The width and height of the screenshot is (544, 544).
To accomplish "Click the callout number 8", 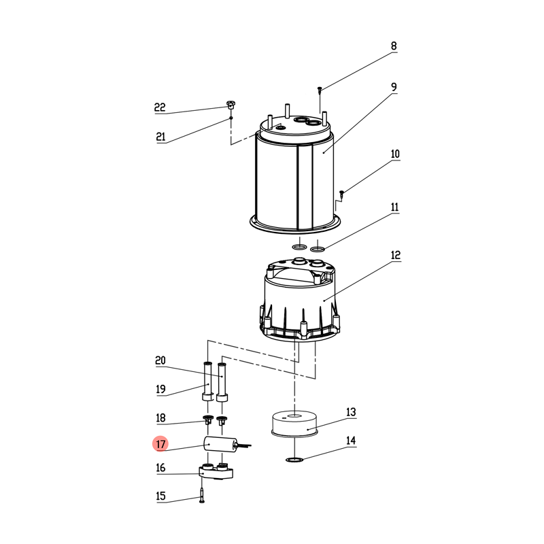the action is (394, 46).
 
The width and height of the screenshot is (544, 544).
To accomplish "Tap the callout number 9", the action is (394, 87).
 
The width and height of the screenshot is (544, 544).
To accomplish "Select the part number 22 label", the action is (160, 107).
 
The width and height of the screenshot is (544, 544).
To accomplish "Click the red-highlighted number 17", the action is (160, 444).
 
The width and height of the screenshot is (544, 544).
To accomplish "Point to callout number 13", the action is (351, 412).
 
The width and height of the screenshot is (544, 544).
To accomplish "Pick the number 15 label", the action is (160, 496).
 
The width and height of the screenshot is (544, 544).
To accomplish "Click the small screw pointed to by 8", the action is (320, 90).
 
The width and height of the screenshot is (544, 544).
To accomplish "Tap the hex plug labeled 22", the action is (230, 105).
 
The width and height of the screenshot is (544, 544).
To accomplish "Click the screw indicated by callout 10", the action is (342, 194).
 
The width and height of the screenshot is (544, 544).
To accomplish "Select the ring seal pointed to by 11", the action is (318, 248).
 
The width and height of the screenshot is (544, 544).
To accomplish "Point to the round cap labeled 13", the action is (294, 423).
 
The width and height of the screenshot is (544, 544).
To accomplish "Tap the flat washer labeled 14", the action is (294, 460).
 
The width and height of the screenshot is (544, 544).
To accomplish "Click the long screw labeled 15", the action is (202, 495).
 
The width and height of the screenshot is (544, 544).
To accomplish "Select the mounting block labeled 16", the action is (216, 471).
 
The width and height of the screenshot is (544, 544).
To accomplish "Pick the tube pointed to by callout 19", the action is (207, 381).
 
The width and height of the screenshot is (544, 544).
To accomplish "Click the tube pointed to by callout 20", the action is (222, 382).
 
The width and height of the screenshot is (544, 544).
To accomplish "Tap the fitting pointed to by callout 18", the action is (208, 420).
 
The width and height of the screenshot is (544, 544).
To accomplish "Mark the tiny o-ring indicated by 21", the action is (231, 118).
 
